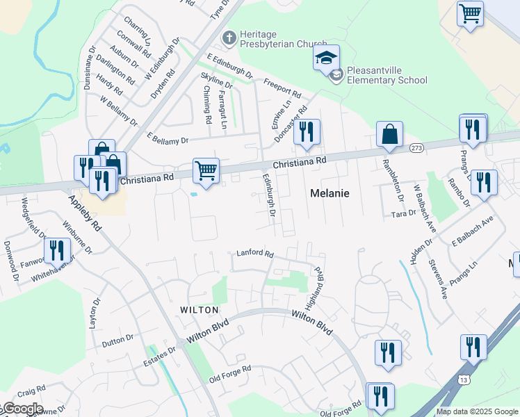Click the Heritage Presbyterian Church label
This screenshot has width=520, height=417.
pos(273,39)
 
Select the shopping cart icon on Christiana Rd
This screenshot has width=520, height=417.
pos(206,170)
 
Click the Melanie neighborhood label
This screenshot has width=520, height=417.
pos(329,194)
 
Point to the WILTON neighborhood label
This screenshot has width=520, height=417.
pos(200,310)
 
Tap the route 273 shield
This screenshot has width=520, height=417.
pos(416,148)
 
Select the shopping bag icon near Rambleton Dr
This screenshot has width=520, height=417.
pos(389,134)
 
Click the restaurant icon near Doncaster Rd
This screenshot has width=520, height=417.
pos(307,131)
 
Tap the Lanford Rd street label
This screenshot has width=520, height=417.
pos(255,254)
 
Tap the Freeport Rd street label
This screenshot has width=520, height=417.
pos(282,87)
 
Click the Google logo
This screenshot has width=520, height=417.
pos(22,409)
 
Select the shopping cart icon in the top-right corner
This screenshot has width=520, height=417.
pos(470,13)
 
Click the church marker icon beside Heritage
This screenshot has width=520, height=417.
pos(227,36)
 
